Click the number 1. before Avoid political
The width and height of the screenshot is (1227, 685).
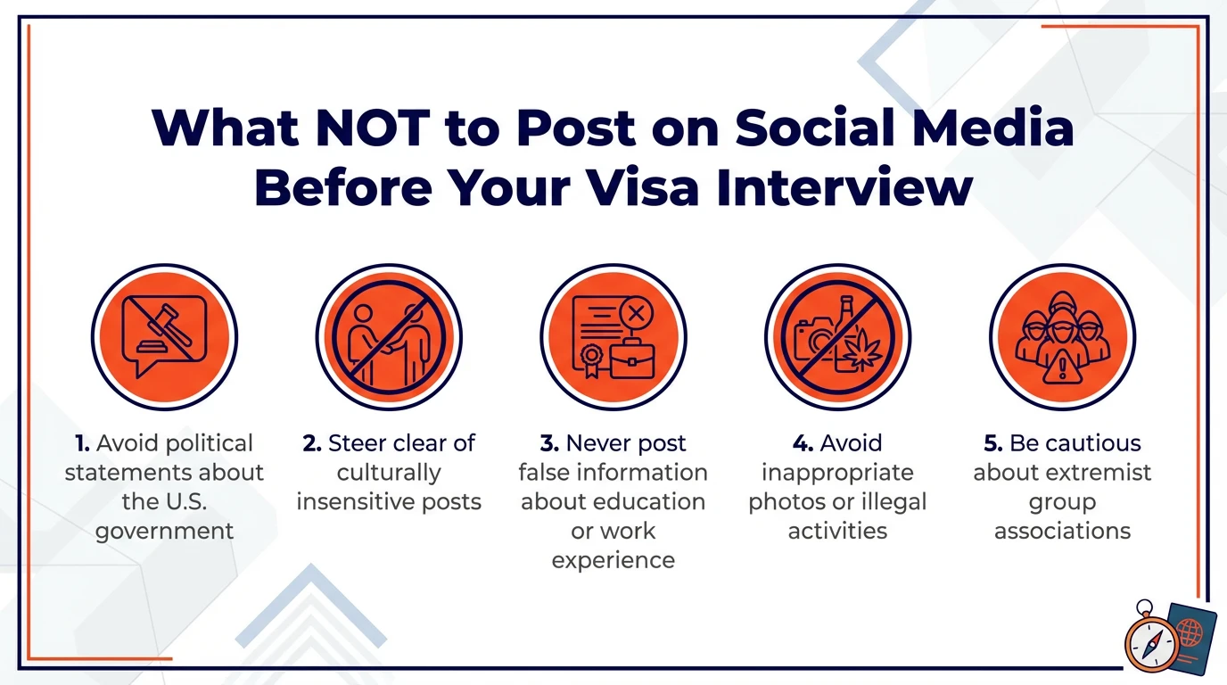[83, 443]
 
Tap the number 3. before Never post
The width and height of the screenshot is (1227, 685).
[549, 443]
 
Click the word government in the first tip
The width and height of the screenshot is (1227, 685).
[164, 532]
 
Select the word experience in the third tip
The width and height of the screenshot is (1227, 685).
[613, 561]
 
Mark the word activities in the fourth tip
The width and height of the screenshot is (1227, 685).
[837, 532]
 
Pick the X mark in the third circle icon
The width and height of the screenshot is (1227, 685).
[635, 313]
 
